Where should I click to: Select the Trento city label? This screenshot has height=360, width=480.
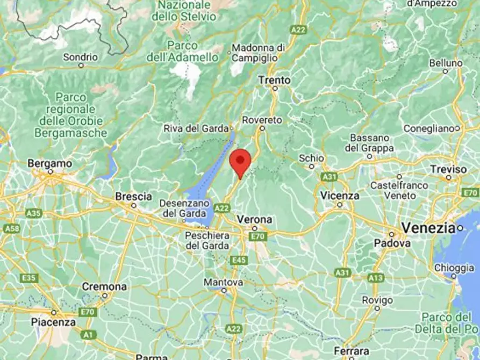(274, 80)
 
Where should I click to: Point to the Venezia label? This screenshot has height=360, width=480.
(428, 228)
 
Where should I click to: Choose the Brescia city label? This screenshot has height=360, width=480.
(132, 197)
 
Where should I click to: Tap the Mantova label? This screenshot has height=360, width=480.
(224, 282)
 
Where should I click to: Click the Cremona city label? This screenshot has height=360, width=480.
(104, 286)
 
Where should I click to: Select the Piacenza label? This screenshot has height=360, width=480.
(54, 322)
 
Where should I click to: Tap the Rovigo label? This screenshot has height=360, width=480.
(376, 299)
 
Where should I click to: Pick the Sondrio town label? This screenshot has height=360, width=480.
(81, 57)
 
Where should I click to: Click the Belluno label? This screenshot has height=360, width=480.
(446, 63)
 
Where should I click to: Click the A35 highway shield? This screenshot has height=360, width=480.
(34, 213)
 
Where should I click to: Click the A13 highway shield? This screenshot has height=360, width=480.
(376, 277)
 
